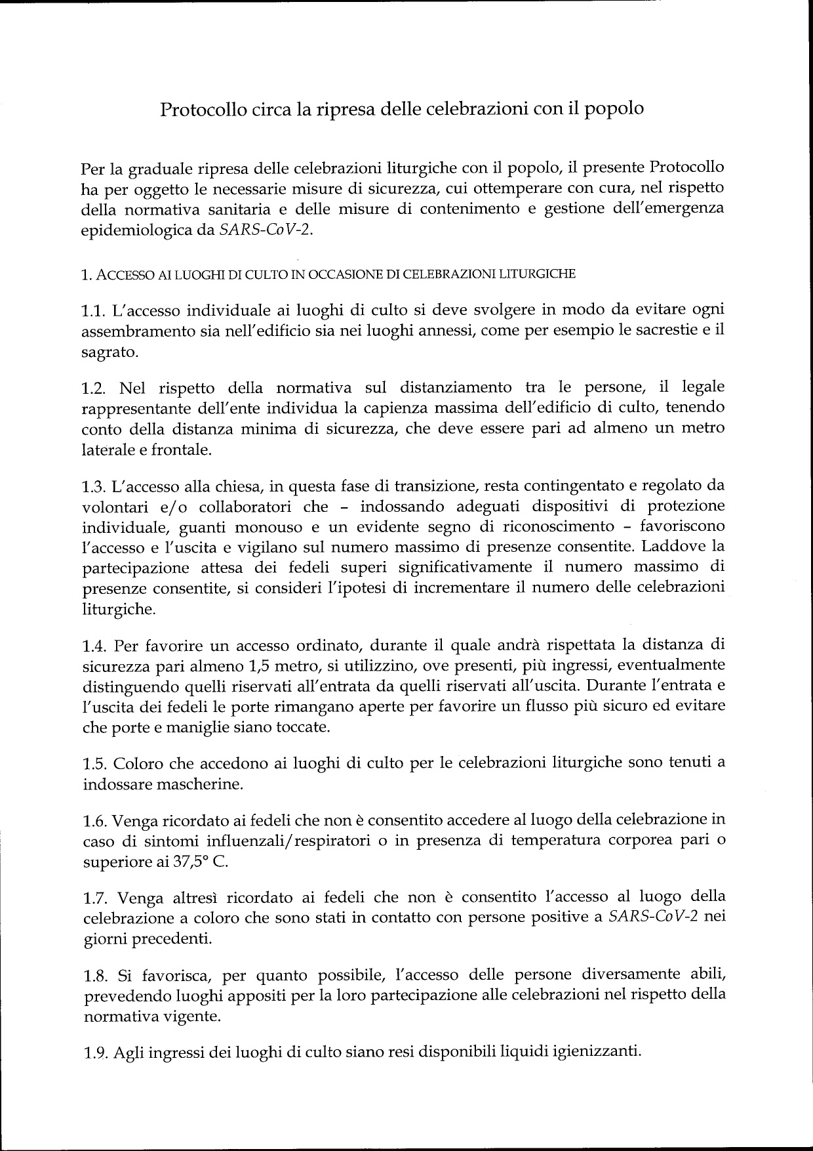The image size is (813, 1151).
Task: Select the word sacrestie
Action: [660, 331]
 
